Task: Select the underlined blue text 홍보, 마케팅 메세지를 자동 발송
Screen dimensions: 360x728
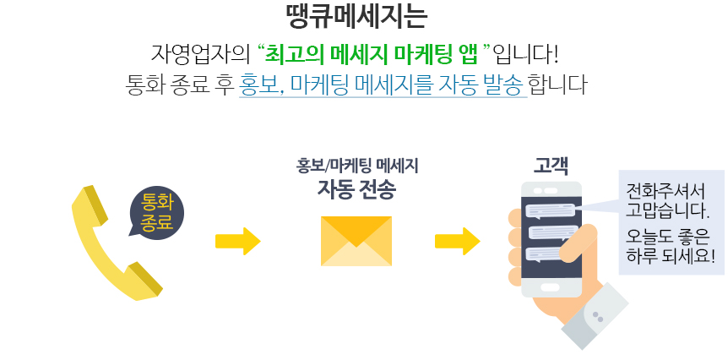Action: (383, 85)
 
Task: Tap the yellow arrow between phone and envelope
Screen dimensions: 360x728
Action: (237, 241)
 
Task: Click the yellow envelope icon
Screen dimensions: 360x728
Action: (356, 241)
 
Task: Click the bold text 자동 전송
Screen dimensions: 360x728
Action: (356, 188)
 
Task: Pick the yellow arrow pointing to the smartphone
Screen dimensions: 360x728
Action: (457, 241)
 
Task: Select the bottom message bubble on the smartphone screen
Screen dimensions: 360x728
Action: (551, 254)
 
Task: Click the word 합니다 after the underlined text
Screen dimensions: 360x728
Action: (557, 85)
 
